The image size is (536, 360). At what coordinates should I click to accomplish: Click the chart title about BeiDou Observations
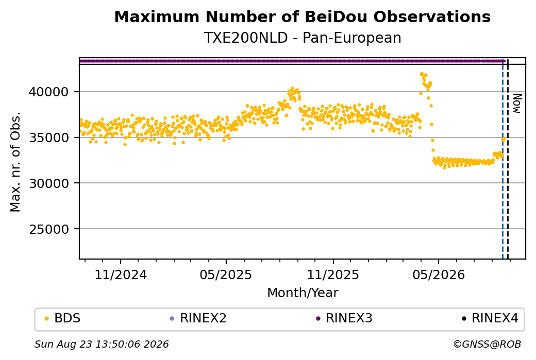302,16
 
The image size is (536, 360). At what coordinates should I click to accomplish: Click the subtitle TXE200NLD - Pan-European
302,38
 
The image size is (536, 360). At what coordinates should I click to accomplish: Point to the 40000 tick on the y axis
49,92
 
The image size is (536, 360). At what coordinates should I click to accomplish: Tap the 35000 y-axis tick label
49,138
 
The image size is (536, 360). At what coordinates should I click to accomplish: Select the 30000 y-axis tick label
49,183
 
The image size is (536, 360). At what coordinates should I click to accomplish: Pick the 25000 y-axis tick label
49,229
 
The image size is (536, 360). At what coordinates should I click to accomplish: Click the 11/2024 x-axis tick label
120,275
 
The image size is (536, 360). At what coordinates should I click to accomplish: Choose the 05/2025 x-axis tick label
226,275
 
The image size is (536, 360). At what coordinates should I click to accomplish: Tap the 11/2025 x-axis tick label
333,275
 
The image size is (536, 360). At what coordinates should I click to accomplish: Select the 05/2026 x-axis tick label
439,275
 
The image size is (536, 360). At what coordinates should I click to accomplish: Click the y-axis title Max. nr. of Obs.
15,162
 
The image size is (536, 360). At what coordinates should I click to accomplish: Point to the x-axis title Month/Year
303,293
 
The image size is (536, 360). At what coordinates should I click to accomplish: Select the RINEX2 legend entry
198,318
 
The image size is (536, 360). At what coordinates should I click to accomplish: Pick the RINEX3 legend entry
344,318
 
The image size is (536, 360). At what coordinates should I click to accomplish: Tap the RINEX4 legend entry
490,318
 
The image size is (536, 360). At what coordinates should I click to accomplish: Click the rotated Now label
517,104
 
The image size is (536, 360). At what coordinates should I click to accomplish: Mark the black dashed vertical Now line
508,159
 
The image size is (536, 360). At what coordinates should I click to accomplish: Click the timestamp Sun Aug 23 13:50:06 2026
102,344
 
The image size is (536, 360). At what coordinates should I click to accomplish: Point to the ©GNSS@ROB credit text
487,344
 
